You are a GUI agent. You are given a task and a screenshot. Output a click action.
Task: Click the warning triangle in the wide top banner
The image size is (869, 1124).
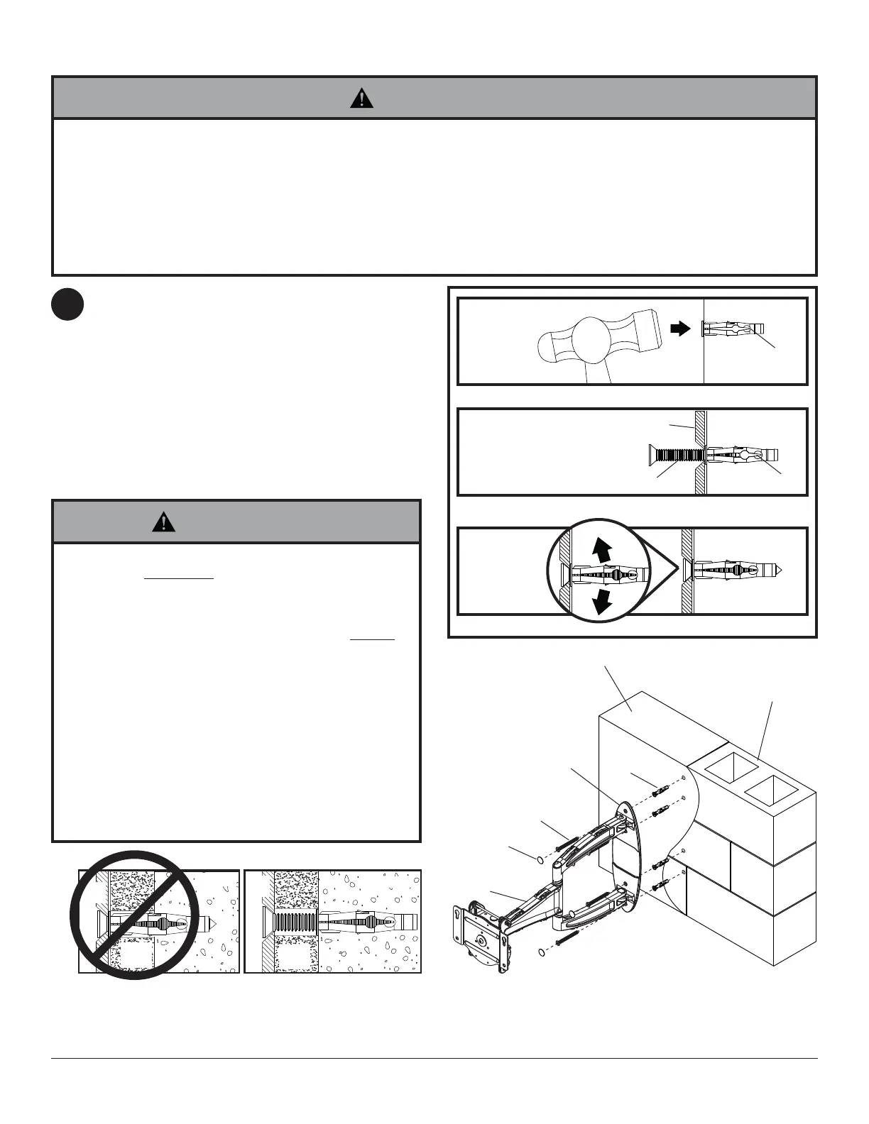(x=362, y=98)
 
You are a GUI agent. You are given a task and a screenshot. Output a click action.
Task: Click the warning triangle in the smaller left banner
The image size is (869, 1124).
(x=164, y=523)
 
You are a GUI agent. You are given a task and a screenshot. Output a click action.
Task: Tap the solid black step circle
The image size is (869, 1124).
(x=67, y=305)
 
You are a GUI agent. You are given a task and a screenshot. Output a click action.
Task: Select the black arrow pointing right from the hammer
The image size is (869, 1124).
(x=680, y=329)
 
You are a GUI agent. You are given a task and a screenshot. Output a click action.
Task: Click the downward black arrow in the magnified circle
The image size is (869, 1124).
(x=603, y=601)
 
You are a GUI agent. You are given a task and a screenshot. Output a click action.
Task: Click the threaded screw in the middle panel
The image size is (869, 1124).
(x=674, y=454)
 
